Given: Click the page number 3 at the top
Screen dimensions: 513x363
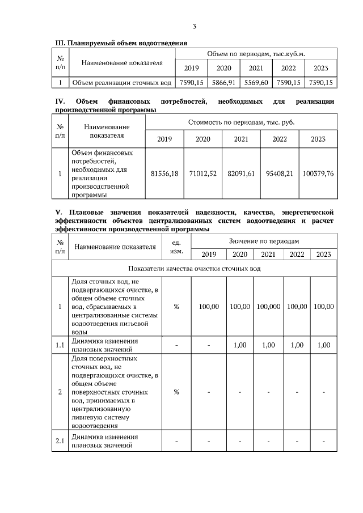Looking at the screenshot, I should (195, 26).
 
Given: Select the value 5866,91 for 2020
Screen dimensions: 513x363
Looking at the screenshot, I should (224, 83).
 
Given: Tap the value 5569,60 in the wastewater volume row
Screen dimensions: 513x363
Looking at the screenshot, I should (256, 83).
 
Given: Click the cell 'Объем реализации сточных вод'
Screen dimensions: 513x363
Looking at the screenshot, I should (120, 83).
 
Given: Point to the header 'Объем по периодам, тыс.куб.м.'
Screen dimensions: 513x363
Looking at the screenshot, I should (256, 53).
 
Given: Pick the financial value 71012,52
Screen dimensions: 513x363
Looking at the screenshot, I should (203, 173).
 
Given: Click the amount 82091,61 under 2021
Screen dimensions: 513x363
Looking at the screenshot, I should (241, 173).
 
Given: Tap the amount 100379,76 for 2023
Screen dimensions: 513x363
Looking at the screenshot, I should (318, 173).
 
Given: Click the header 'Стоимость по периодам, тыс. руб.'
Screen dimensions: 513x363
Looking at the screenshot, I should (241, 122).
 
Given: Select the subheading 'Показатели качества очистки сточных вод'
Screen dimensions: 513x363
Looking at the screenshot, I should (195, 268).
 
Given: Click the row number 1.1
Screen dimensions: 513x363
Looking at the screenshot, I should (60, 345).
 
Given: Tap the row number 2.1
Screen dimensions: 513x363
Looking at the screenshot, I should (60, 441).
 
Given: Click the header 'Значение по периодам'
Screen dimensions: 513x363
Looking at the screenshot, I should (264, 241).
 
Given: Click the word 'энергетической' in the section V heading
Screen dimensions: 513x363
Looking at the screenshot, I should (306, 213).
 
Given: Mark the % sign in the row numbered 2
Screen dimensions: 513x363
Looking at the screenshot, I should (176, 392).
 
